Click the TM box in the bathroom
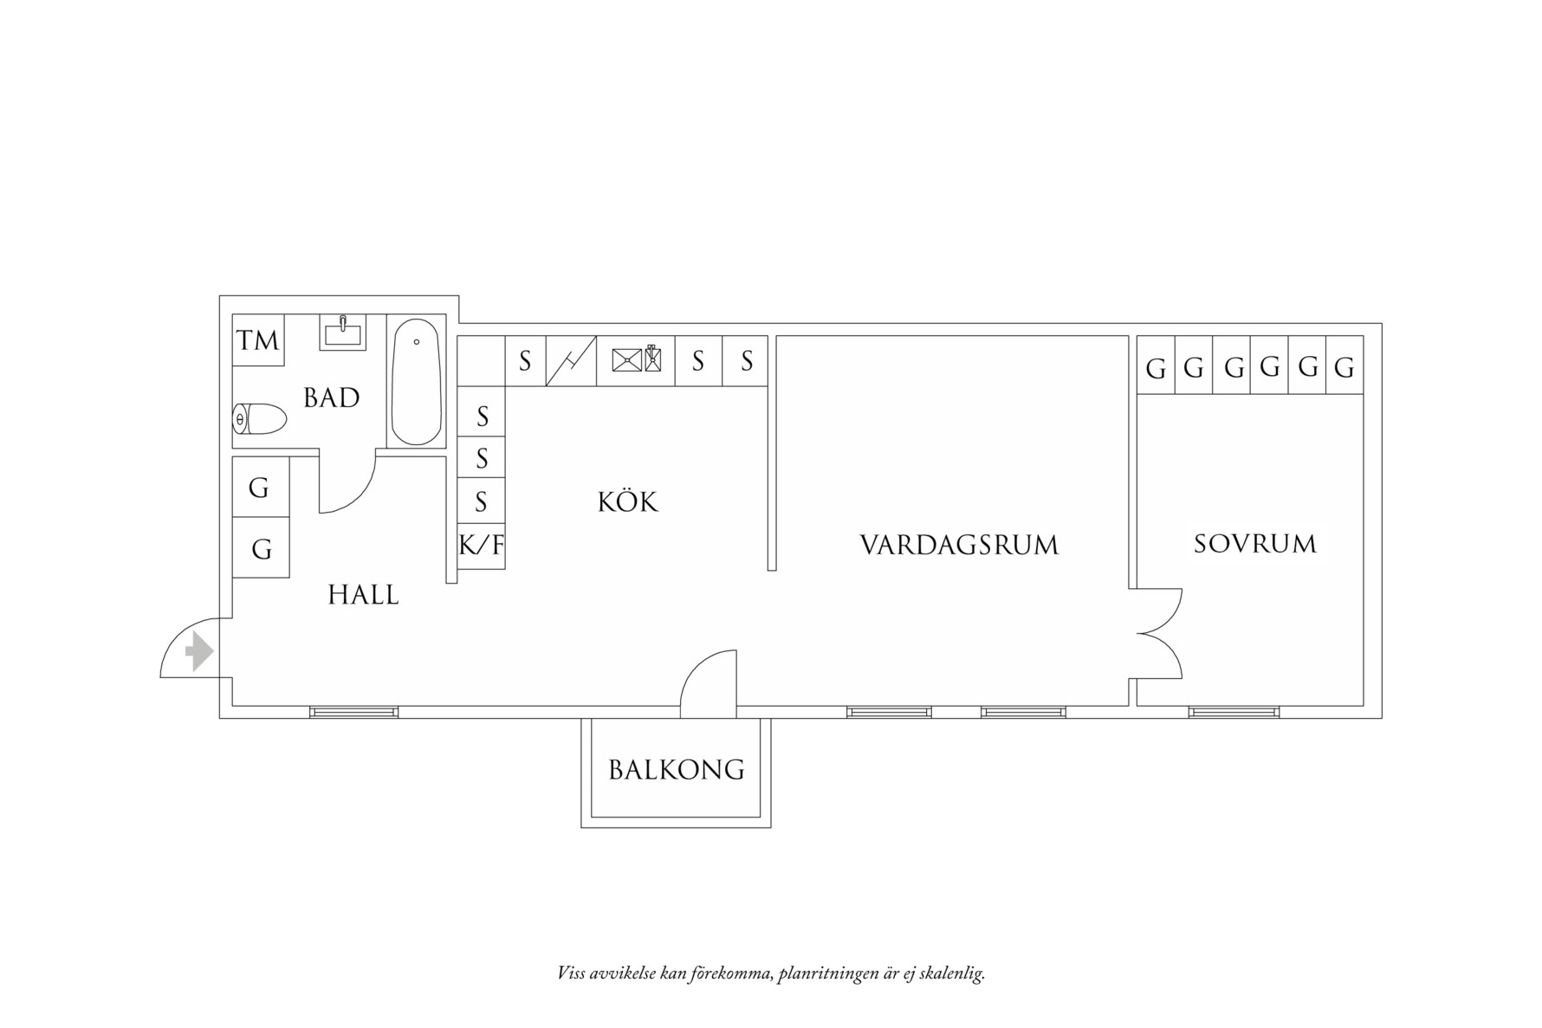point(258,340)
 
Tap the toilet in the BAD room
point(260,420)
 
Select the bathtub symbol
point(417,382)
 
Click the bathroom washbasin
point(343,333)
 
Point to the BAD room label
point(331,398)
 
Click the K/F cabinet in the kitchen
point(481,546)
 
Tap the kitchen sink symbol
point(635,359)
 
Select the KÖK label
point(627,502)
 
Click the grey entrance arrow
point(200,650)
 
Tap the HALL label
point(363,595)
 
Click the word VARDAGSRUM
point(959,546)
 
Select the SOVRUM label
point(1254,544)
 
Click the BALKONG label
point(676,770)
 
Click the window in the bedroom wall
point(1234,712)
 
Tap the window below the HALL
point(354,712)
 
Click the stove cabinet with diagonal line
point(571,360)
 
